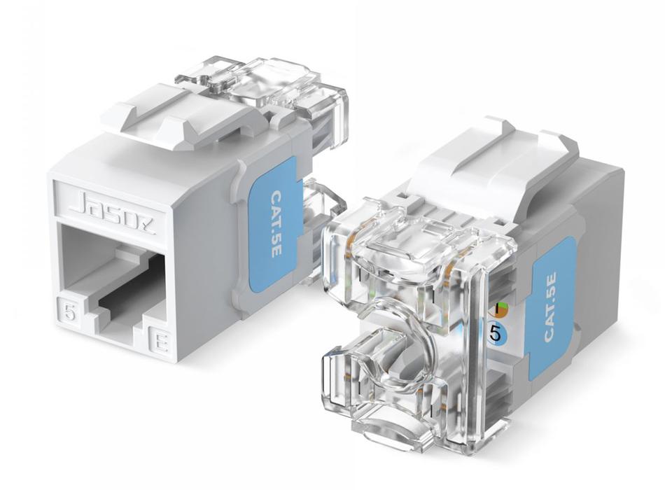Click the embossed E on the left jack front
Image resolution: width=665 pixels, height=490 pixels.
point(160,341)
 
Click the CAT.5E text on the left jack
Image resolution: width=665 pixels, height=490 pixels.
point(276,224)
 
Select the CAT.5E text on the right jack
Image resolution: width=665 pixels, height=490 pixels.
point(549,307)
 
